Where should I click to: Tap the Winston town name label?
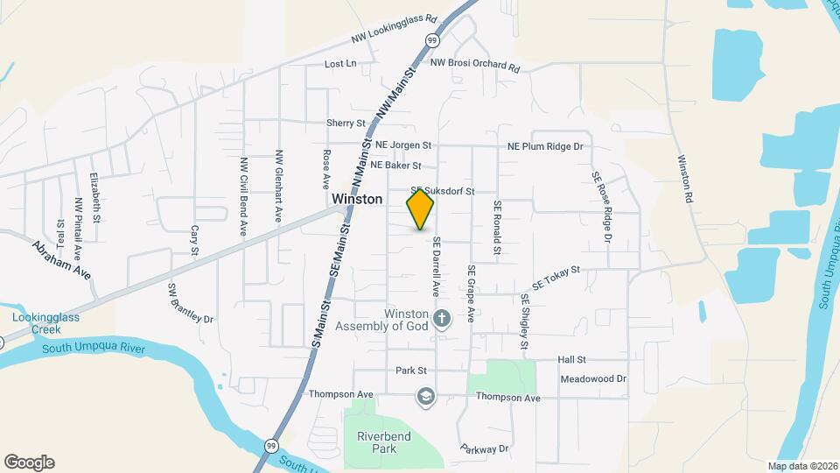pyautogui.click(x=357, y=200)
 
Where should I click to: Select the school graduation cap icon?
pyautogui.click(x=425, y=397)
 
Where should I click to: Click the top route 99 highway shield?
pyautogui.click(x=432, y=40)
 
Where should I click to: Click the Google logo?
pyautogui.click(x=29, y=462)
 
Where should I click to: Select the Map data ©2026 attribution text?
pyautogui.click(x=803, y=466)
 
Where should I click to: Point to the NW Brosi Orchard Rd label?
pyautogui.click(x=475, y=66)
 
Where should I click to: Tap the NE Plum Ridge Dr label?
pyautogui.click(x=545, y=147)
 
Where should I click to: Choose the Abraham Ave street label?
pyautogui.click(x=62, y=260)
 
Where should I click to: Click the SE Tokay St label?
pyautogui.click(x=556, y=279)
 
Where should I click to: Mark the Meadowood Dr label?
pyautogui.click(x=594, y=379)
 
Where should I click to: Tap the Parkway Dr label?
pyautogui.click(x=484, y=448)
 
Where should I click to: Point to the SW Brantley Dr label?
pyautogui.click(x=191, y=303)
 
